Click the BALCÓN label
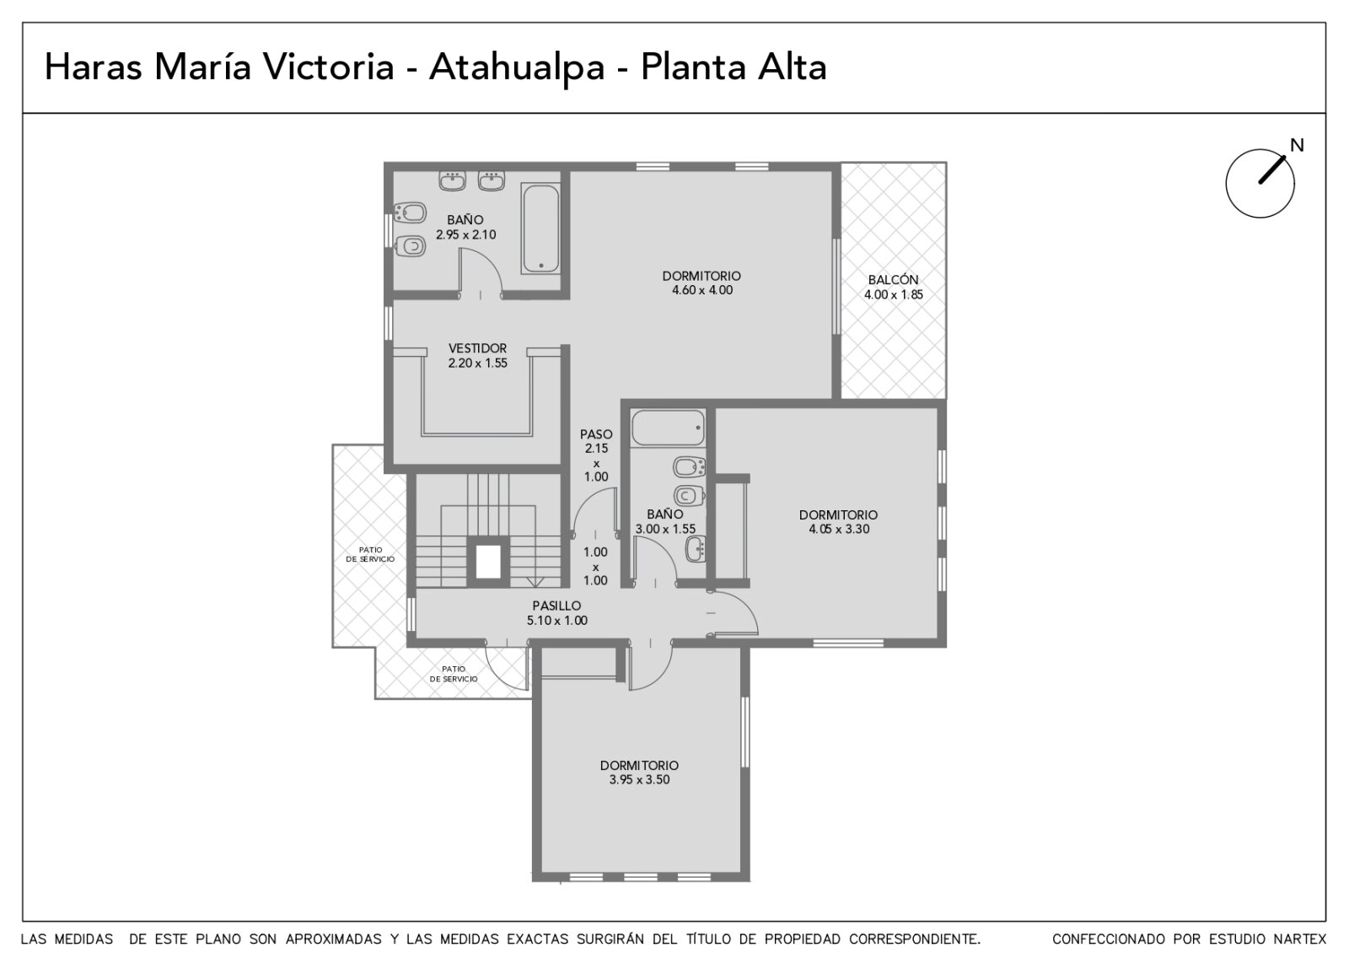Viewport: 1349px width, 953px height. (x=893, y=280)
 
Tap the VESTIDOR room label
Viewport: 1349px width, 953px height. (x=477, y=348)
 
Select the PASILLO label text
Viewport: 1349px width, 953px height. (x=556, y=606)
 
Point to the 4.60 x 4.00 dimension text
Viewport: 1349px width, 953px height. (x=702, y=290)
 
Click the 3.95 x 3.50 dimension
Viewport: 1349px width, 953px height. (x=639, y=779)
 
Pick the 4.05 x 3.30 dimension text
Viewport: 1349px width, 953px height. (x=839, y=529)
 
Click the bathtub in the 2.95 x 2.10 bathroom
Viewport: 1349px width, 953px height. (x=540, y=229)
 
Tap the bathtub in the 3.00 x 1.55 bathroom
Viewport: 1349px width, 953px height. (x=668, y=428)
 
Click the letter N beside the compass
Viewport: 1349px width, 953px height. (x=1297, y=145)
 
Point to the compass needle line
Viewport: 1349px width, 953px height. (x=1272, y=170)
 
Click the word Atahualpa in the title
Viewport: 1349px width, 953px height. (x=517, y=67)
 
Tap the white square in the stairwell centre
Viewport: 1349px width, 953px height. (x=488, y=561)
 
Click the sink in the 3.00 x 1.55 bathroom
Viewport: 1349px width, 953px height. (x=696, y=549)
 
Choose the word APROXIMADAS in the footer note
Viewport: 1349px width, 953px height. (x=333, y=940)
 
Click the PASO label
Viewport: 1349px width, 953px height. (x=596, y=433)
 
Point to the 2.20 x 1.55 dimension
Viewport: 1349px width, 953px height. (x=477, y=363)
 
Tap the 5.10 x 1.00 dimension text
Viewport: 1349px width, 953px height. (x=557, y=621)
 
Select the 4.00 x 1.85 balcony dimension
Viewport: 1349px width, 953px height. (x=894, y=294)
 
